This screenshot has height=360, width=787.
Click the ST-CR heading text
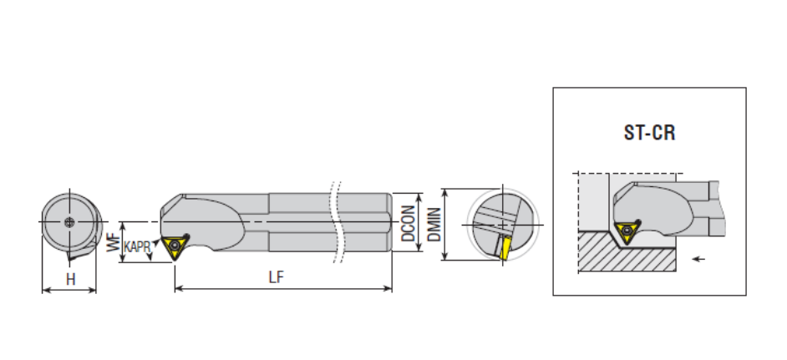(x=649, y=133)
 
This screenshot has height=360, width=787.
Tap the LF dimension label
(x=277, y=277)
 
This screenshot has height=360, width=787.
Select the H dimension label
(x=70, y=279)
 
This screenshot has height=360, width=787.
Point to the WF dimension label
(x=115, y=242)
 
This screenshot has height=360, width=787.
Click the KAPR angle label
(x=138, y=246)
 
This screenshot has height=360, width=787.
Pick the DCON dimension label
(x=409, y=223)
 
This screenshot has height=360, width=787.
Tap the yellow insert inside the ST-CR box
(x=627, y=231)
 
